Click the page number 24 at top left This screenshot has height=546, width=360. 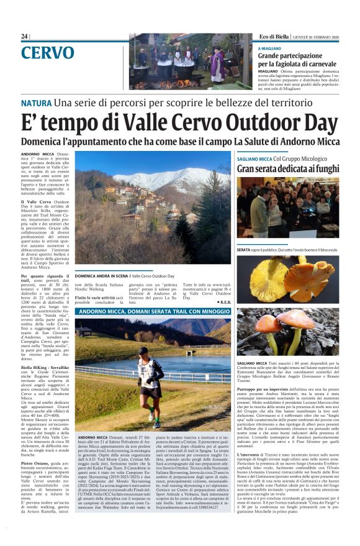click(24, 37)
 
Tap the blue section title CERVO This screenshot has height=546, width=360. click(47, 53)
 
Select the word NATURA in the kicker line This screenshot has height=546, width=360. click(36, 102)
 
